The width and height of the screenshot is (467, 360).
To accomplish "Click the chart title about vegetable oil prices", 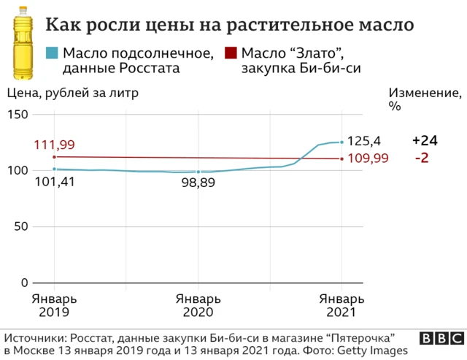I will pyautogui.click(x=230, y=25).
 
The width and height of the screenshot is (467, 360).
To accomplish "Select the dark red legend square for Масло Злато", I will pyautogui.click(x=231, y=53).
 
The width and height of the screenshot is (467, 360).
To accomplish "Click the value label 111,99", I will pyautogui.click(x=54, y=145).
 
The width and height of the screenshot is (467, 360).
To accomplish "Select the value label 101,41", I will pyautogui.click(x=54, y=183).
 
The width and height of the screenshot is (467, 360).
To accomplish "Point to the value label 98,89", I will pyautogui.click(x=198, y=183).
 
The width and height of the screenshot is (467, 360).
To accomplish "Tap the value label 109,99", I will pyautogui.click(x=367, y=158).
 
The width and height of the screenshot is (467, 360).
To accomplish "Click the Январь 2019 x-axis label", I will pyautogui.click(x=54, y=305).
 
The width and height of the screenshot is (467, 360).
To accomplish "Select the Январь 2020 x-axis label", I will pyautogui.click(x=198, y=305).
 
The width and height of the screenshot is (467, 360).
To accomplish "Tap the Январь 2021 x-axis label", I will pyautogui.click(x=340, y=305).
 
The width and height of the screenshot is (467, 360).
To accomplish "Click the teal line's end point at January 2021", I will pyautogui.click(x=341, y=142).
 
